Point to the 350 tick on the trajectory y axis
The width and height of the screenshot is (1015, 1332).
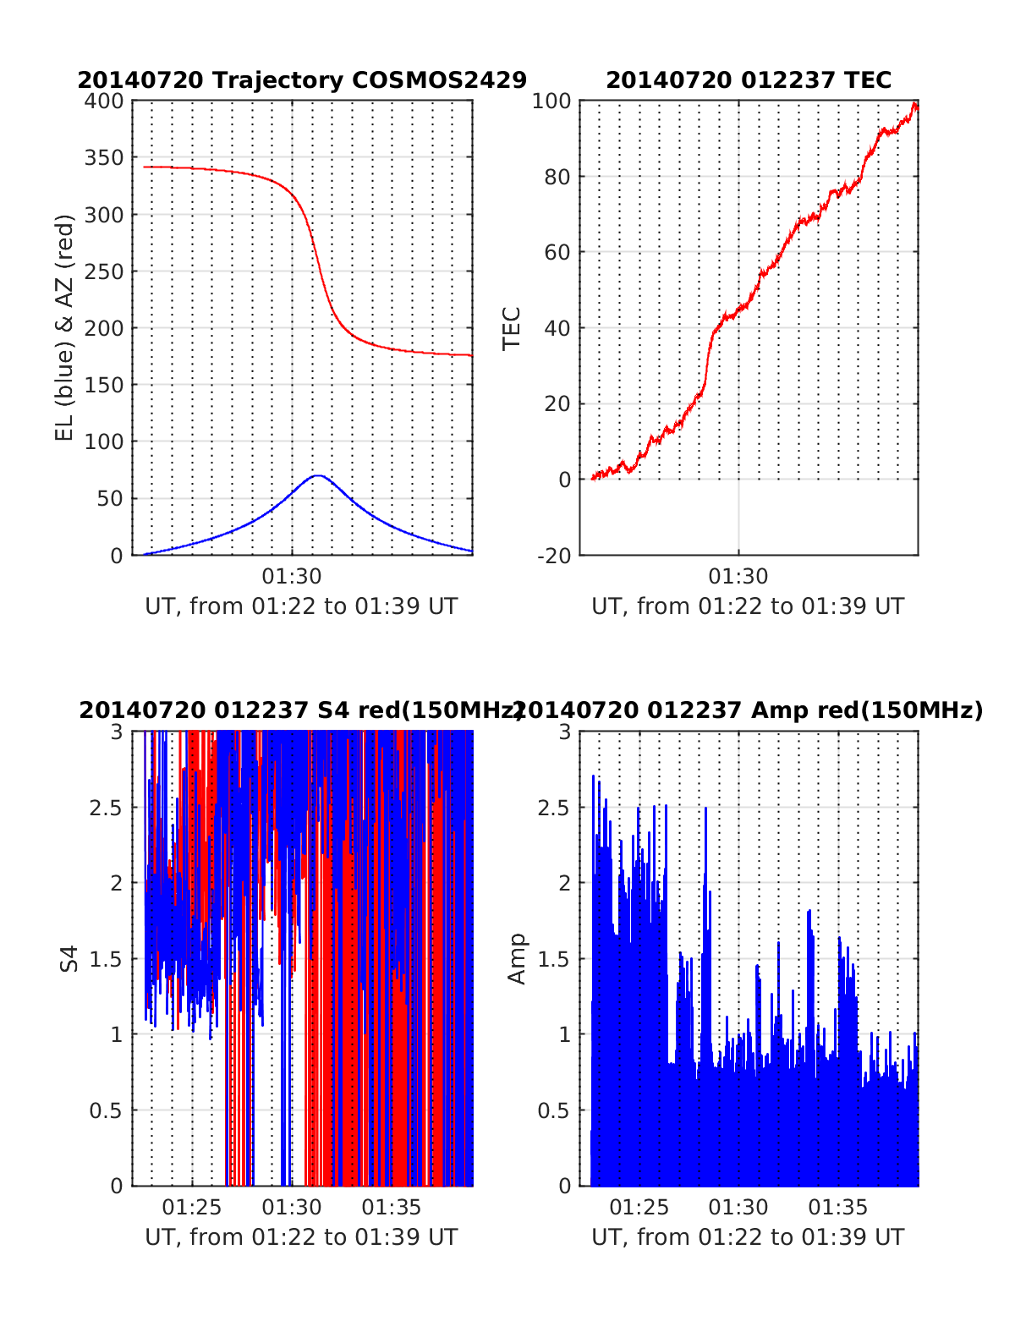click(x=104, y=158)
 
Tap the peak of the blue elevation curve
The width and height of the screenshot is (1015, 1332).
click(x=317, y=475)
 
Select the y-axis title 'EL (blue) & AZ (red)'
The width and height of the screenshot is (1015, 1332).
click(x=65, y=327)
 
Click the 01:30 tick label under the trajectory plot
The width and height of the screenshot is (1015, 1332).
click(x=292, y=577)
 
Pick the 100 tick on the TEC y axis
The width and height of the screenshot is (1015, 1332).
click(x=551, y=101)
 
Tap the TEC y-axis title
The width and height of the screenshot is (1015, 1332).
click(x=512, y=328)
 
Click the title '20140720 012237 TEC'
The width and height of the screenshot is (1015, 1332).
click(x=749, y=80)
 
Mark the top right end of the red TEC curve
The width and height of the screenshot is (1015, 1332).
click(x=915, y=105)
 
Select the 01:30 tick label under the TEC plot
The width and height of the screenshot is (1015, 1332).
click(x=738, y=577)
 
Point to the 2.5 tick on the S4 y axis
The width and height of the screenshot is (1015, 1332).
click(x=106, y=808)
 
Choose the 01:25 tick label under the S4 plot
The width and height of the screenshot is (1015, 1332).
click(x=192, y=1207)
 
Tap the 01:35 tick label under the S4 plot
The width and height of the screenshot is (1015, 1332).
click(x=392, y=1207)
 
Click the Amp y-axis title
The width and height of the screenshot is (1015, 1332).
click(x=516, y=958)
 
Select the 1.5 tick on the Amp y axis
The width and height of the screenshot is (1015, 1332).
click(x=554, y=959)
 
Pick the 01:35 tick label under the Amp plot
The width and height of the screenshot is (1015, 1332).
click(x=838, y=1207)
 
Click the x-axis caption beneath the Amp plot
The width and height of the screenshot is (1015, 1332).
click(x=748, y=1237)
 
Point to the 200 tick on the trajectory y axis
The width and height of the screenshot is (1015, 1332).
click(x=104, y=328)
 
